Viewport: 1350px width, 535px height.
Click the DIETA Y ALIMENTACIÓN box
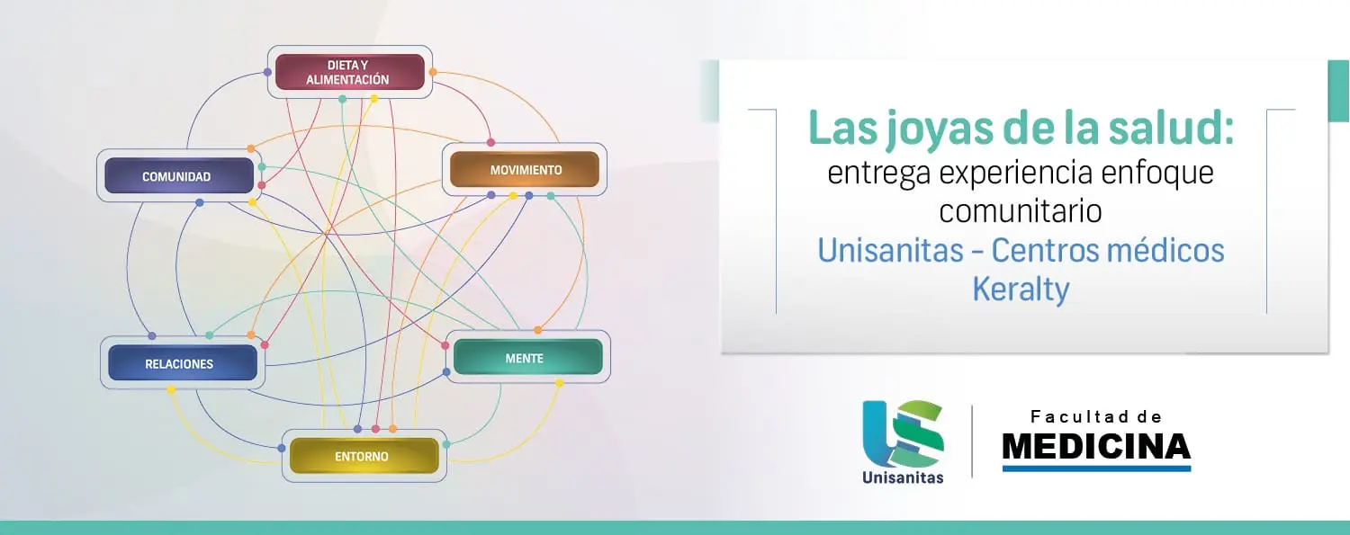point(349,72)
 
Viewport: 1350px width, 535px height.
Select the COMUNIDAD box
point(179,175)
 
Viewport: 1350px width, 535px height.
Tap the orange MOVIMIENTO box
point(525,169)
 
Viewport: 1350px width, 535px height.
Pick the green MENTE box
point(527,357)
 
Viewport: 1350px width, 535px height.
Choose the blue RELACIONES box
point(183,363)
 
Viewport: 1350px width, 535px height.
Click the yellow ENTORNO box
point(364,456)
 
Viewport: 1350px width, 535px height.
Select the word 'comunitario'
point(1021,210)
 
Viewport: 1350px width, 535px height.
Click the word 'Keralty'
point(1021,290)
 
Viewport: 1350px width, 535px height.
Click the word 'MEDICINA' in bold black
point(1096,447)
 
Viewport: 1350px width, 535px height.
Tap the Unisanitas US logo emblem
point(903,433)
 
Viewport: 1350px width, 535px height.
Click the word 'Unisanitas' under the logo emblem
point(903,477)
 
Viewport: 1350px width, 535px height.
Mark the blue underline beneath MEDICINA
point(1097,468)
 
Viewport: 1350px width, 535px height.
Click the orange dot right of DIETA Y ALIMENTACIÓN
point(433,72)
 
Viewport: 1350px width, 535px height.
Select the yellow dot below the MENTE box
point(559,383)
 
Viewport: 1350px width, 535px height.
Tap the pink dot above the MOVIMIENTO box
point(490,143)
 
